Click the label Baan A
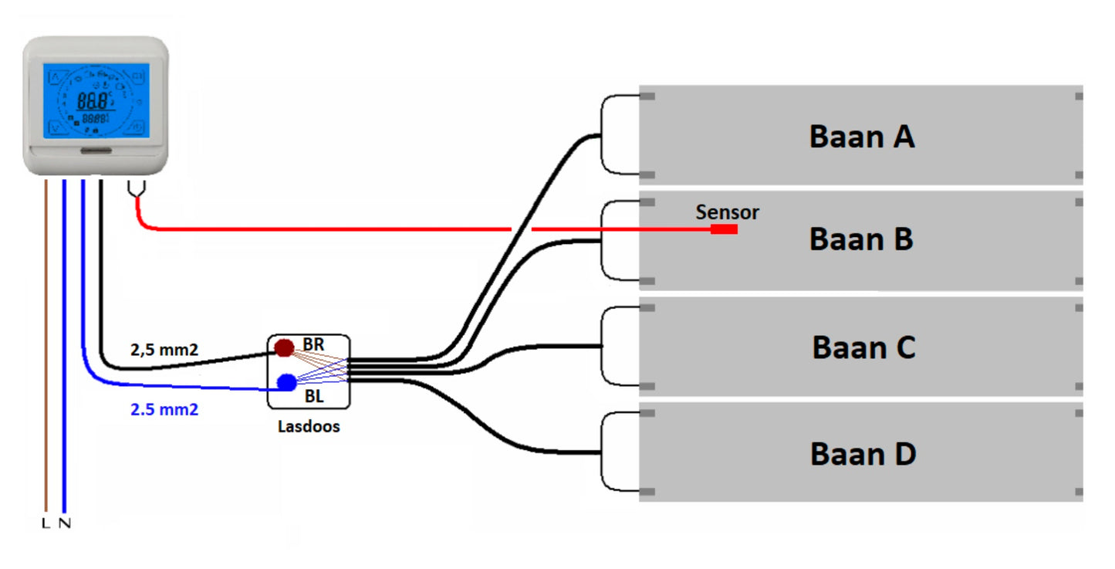[x=862, y=137]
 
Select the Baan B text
[x=861, y=239]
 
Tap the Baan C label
[x=863, y=347]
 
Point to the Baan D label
[x=863, y=453]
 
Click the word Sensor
[x=727, y=212]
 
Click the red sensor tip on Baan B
[x=724, y=229]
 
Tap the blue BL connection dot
[x=287, y=382]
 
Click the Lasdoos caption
[x=309, y=426]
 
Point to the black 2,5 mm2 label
[x=164, y=350]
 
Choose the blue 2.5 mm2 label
[x=164, y=410]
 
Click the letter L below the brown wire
[x=46, y=523]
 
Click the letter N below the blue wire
[x=65, y=523]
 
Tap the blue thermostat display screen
[x=96, y=100]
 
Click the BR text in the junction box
[x=313, y=344]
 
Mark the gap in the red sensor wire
[x=522, y=229]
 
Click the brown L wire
[x=46, y=347]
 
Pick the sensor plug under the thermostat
[x=136, y=188]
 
